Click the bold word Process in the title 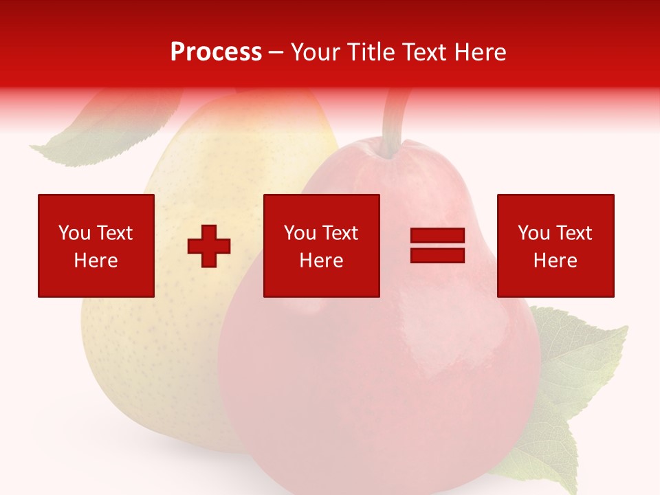pos(216,52)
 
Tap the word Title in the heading pos(372,52)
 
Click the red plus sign pos(209,245)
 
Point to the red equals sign pos(437,245)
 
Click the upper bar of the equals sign pos(437,236)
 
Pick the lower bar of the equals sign pos(437,255)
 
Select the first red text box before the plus pos(96,245)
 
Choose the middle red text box pos(321,245)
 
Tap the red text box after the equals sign pos(555,245)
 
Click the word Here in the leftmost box pos(96,261)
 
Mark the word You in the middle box pos(300,233)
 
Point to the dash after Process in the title pos(276,52)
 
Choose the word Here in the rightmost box pos(555,261)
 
